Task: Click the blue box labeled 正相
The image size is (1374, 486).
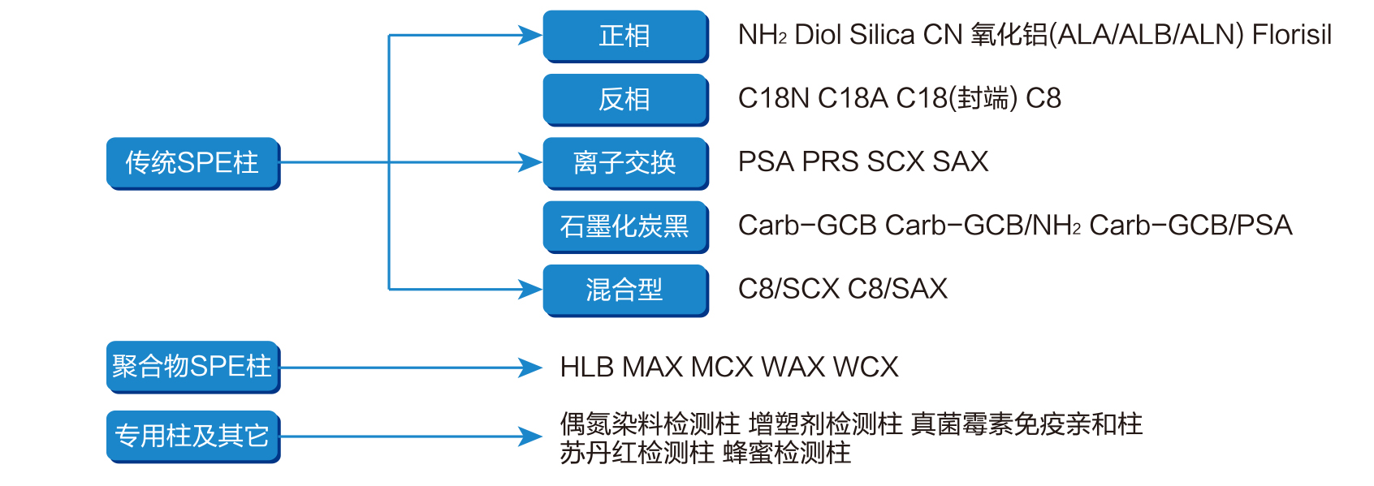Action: point(624,36)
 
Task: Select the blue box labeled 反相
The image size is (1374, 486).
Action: point(624,99)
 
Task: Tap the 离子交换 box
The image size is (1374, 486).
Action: point(624,162)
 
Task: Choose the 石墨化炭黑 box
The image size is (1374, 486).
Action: point(624,226)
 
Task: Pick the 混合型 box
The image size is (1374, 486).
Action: point(624,289)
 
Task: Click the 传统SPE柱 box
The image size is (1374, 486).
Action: point(192,163)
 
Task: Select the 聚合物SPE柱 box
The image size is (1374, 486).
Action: point(192,367)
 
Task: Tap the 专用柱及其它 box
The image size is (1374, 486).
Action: point(192,437)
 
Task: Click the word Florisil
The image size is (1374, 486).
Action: point(1291,35)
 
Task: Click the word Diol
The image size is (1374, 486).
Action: point(818,35)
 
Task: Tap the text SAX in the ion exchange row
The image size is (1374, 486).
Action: point(961,161)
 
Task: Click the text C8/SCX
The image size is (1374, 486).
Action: point(789,289)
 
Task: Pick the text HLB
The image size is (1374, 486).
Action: point(586,368)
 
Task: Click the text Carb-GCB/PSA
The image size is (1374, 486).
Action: point(1190,226)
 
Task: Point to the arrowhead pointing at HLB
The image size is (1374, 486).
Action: point(530,368)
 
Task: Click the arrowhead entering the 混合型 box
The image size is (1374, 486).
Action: point(530,289)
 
